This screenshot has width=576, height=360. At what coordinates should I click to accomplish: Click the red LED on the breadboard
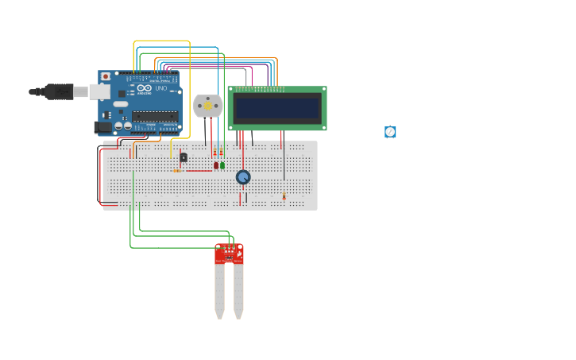point(215,165)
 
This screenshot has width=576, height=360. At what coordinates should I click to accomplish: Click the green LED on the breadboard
point(222,165)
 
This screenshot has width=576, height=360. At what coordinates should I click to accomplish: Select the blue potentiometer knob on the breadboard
point(243,177)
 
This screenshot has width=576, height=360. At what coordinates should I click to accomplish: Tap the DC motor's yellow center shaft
point(208,106)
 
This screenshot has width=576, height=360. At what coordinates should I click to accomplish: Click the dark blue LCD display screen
point(276,108)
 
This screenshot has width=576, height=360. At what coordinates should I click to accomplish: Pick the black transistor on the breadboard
point(184,157)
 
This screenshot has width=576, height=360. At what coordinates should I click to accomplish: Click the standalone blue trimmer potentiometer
point(390,132)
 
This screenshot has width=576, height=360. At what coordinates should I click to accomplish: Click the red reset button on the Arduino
point(105,77)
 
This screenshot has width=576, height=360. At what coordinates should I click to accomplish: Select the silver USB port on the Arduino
point(99,92)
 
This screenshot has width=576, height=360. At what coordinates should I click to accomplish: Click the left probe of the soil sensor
point(219,290)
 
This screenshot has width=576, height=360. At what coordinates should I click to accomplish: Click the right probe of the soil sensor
point(238,290)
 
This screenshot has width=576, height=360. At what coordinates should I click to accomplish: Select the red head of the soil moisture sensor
point(229,254)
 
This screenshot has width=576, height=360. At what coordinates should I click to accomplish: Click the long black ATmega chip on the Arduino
point(155,116)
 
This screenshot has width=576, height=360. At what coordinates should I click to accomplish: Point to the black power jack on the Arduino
point(102,126)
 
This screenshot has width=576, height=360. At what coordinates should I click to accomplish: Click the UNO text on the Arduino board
point(160,88)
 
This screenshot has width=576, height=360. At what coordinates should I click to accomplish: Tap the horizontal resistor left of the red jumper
point(176,171)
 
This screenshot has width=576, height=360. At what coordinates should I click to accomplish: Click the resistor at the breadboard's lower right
point(284,195)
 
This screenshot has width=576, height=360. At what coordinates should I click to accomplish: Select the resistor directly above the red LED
point(215,153)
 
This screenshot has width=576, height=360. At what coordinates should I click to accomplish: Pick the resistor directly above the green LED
point(222,153)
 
